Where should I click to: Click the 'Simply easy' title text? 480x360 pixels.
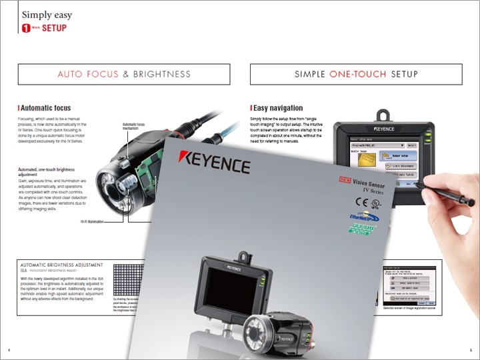[47, 15]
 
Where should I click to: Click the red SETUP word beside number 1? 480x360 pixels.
[54, 28]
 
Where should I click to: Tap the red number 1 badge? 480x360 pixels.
[26, 28]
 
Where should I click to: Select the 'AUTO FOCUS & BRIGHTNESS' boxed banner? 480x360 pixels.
[124, 74]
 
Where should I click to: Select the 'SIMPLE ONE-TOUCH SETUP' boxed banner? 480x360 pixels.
[356, 74]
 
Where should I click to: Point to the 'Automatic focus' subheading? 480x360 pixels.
[46, 107]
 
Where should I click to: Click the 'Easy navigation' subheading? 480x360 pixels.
[278, 107]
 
